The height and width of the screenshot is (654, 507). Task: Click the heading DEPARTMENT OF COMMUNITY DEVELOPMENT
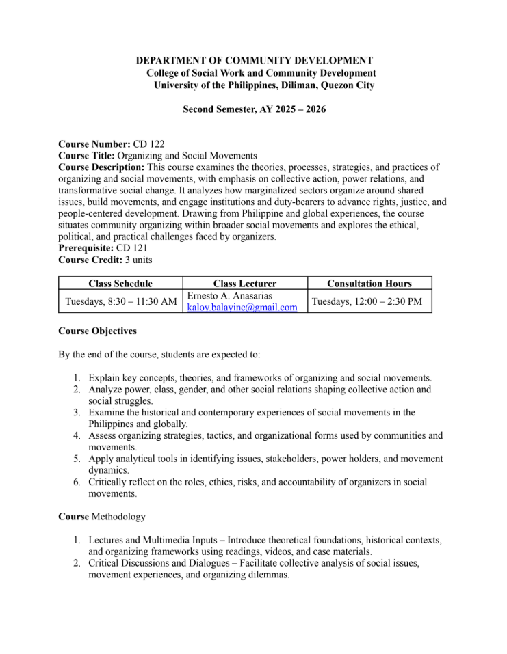coord(255,61)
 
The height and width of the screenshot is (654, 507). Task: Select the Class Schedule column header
coord(120,284)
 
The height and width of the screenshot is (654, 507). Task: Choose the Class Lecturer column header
coord(245,284)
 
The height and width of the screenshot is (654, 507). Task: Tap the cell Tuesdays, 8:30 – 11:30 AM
coord(120,301)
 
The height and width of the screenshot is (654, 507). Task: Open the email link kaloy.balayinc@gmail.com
coord(242,308)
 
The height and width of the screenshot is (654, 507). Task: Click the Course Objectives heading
coord(97,331)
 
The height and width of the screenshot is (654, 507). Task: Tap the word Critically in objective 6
coord(109,482)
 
